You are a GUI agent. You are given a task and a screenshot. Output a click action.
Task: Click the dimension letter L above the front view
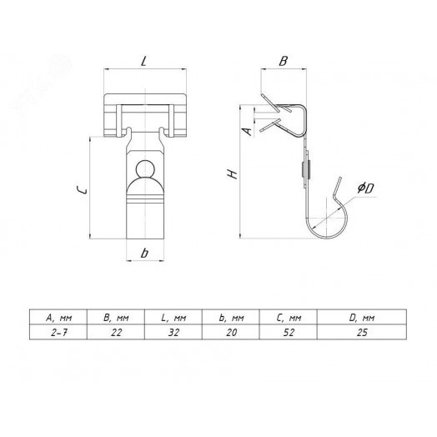[143, 62]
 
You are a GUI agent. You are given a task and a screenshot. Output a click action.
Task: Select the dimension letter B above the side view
[284, 62]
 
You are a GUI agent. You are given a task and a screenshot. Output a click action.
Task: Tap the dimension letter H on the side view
[233, 174]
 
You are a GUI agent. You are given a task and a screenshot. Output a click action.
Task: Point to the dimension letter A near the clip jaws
[247, 132]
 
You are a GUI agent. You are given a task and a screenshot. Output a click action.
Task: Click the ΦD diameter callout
[365, 188]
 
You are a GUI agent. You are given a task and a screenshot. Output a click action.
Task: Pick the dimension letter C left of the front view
[82, 190]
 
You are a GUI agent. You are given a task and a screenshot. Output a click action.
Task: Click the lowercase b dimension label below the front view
[144, 253]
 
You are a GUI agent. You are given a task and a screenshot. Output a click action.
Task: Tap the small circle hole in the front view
[145, 169]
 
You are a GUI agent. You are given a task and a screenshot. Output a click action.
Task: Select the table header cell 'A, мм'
[59, 318]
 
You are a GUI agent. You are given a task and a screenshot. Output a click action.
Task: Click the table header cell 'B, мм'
[116, 318]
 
